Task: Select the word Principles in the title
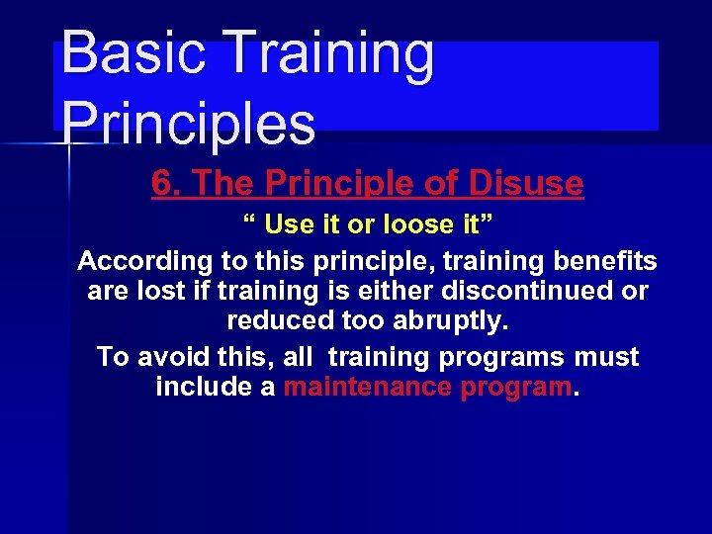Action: pos(188,123)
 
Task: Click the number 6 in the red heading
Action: pos(162,183)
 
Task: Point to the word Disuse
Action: pos(529,183)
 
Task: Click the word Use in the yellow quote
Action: pos(289,224)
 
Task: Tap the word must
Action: pos(605,356)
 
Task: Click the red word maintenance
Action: pos(368,387)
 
